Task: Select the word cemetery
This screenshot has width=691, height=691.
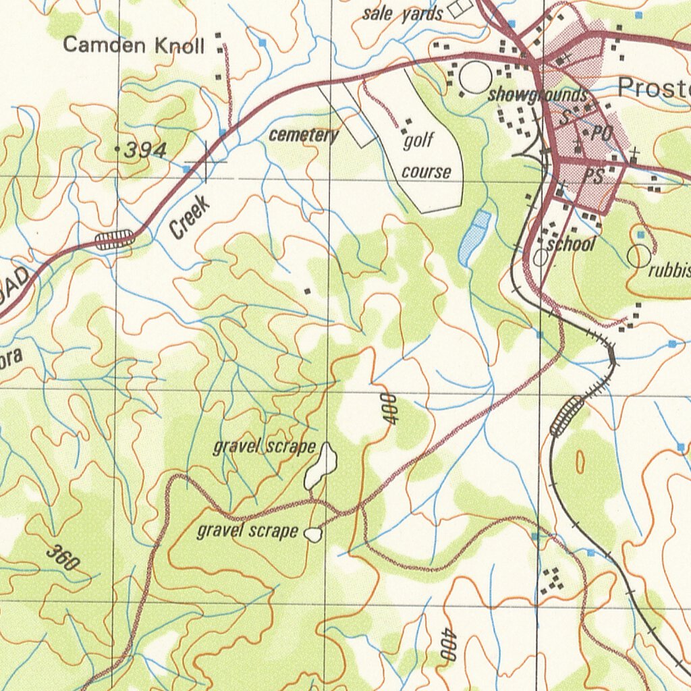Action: point(303,135)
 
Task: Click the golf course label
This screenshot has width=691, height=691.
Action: point(425,157)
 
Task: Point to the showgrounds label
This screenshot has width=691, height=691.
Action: point(537,94)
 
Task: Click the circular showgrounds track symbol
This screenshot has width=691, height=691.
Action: point(475,78)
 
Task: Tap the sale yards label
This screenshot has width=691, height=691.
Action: point(402,13)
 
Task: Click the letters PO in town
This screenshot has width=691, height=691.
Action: point(601,133)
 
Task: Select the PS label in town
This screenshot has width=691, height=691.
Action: point(593,177)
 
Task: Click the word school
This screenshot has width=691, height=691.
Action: point(571,244)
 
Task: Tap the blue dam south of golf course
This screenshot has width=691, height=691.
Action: point(474,238)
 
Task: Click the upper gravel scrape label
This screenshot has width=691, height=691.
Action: point(264,447)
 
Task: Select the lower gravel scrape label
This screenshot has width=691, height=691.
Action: point(247,531)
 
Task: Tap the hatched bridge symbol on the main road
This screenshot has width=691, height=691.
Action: point(115,239)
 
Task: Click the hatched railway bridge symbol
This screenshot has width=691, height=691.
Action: point(567,415)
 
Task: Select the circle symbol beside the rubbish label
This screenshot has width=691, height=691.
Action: point(638,256)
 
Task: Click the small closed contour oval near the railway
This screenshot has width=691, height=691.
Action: point(580,461)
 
